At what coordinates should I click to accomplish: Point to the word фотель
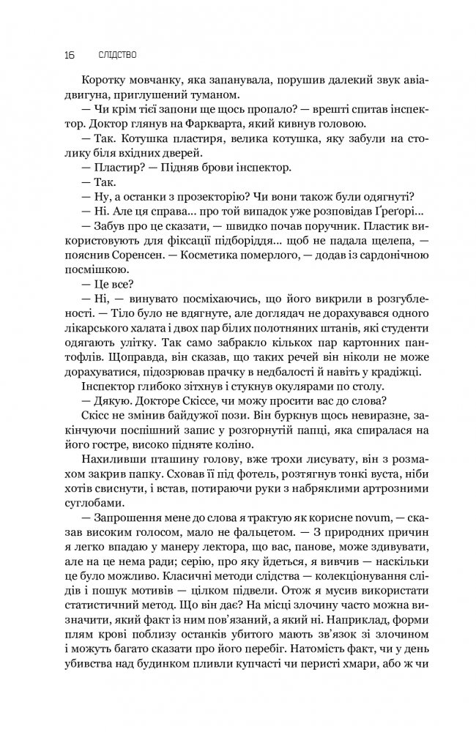191,473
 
